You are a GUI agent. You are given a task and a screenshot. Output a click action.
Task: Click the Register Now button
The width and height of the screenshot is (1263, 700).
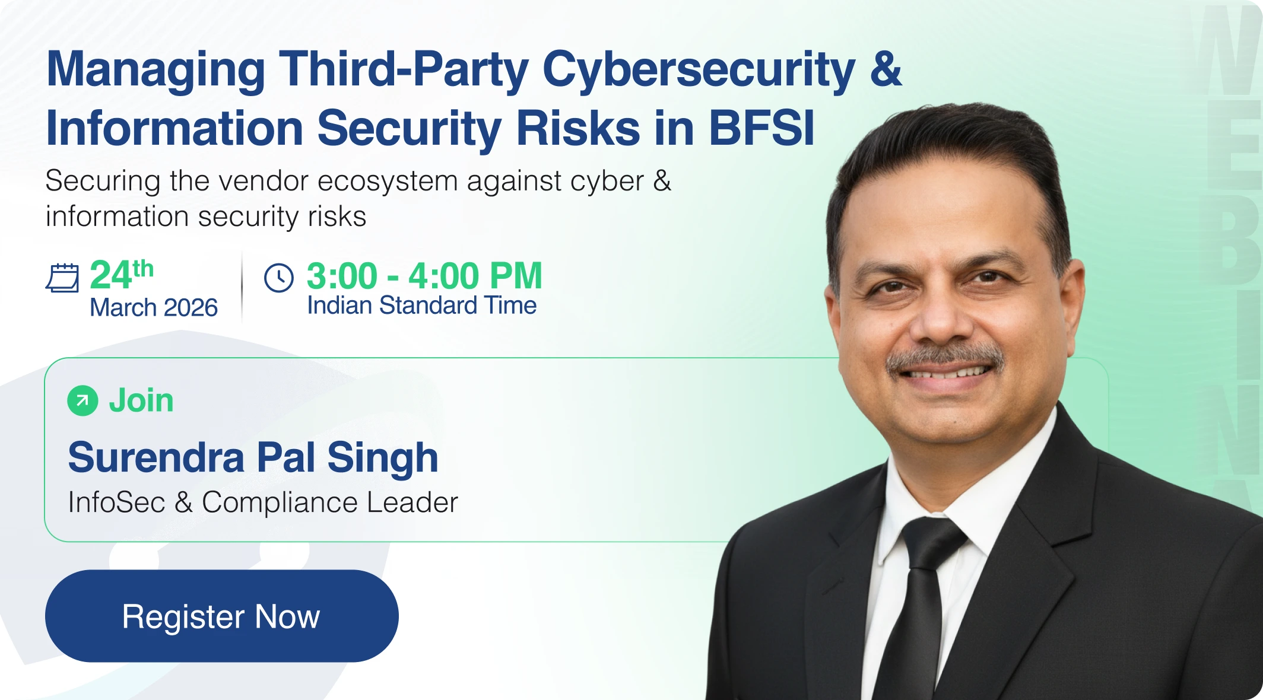(x=221, y=616)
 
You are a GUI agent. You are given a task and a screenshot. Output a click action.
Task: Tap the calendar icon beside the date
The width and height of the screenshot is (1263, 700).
(x=62, y=278)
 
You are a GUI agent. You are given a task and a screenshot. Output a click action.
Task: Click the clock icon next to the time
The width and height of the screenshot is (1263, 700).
(x=279, y=278)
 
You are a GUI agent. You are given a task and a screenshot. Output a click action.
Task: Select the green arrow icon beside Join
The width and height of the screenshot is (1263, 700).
(x=82, y=401)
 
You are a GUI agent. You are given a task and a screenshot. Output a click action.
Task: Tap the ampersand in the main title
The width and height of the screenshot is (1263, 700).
(x=886, y=68)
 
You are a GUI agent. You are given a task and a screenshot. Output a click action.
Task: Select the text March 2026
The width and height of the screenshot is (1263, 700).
(x=154, y=307)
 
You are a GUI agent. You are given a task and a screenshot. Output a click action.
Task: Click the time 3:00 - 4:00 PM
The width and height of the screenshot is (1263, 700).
(x=424, y=276)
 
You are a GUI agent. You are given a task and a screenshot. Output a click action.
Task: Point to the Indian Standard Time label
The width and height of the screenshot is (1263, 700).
(x=421, y=306)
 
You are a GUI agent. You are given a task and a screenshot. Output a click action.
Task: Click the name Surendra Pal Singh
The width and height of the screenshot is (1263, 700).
(x=253, y=458)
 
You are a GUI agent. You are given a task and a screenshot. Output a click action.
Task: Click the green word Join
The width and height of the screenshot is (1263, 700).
(x=141, y=400)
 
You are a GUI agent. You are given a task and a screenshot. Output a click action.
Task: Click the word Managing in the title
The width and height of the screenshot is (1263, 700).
(x=156, y=71)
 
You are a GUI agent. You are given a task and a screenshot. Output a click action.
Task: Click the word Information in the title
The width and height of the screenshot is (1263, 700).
(x=175, y=128)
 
